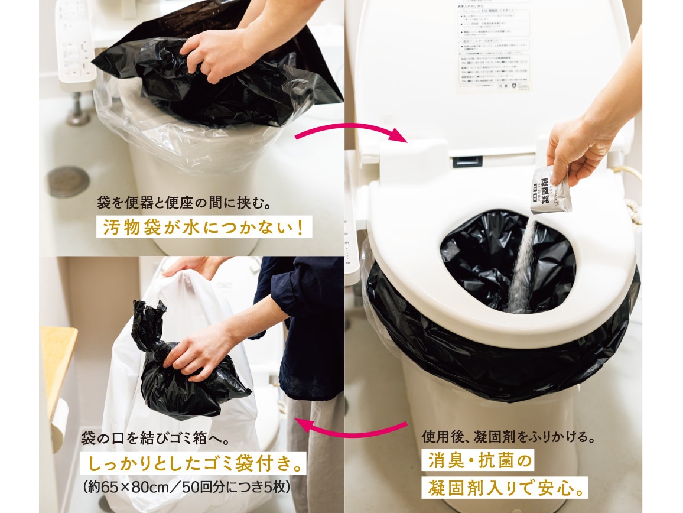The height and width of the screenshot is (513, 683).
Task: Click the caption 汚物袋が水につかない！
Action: tap(204, 228)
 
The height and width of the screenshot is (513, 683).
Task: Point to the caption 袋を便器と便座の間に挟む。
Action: tap(183, 204)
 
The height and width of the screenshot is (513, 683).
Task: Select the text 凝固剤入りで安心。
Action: tap(506, 488)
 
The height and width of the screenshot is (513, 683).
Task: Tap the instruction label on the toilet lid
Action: tap(494, 47)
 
